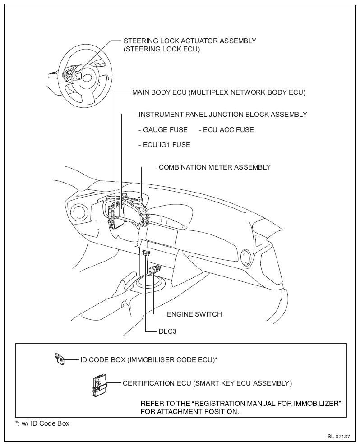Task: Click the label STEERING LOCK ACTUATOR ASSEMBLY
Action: (189, 41)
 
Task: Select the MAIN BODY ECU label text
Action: (219, 92)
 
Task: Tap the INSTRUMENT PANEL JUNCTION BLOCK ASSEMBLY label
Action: (223, 115)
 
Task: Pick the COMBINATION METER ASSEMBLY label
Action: (214, 167)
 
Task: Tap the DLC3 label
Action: (167, 331)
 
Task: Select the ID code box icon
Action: (59, 359)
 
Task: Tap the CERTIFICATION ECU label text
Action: (207, 383)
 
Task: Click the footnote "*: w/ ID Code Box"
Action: (42, 423)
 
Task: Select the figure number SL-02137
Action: (339, 437)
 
